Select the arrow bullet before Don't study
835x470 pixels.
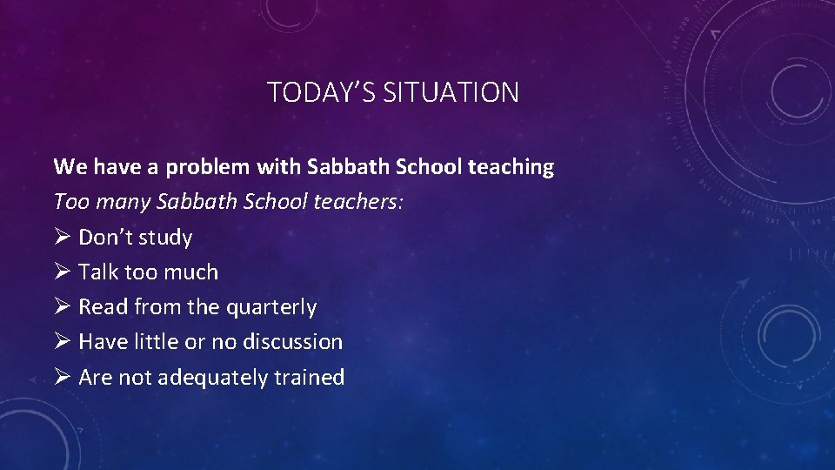click(62, 237)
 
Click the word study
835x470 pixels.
click(165, 238)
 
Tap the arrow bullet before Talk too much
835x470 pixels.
click(62, 272)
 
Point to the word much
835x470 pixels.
click(191, 272)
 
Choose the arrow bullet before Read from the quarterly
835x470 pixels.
click(62, 306)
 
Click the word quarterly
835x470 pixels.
click(271, 307)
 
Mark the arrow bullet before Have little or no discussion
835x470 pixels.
click(62, 341)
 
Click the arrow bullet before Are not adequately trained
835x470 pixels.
click(62, 377)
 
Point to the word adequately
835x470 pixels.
click(213, 377)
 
